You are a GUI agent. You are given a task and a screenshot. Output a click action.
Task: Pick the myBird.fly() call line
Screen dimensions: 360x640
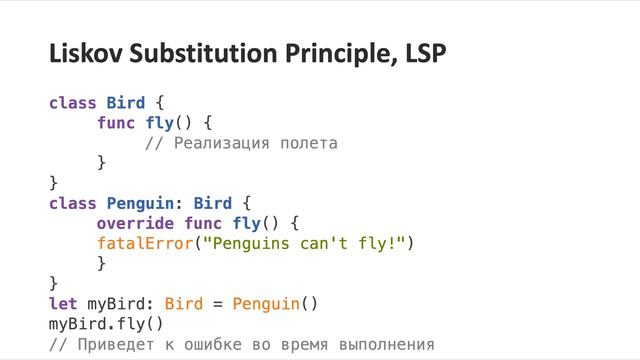[106, 324]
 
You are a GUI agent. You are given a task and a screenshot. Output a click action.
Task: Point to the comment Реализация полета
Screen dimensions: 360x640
[254, 144]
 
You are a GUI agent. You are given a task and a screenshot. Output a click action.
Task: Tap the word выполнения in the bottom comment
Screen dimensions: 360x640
[386, 346]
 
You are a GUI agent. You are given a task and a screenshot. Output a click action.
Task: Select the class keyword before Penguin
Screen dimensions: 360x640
[72, 203]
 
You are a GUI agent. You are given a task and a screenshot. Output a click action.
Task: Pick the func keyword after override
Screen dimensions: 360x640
[203, 222]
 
